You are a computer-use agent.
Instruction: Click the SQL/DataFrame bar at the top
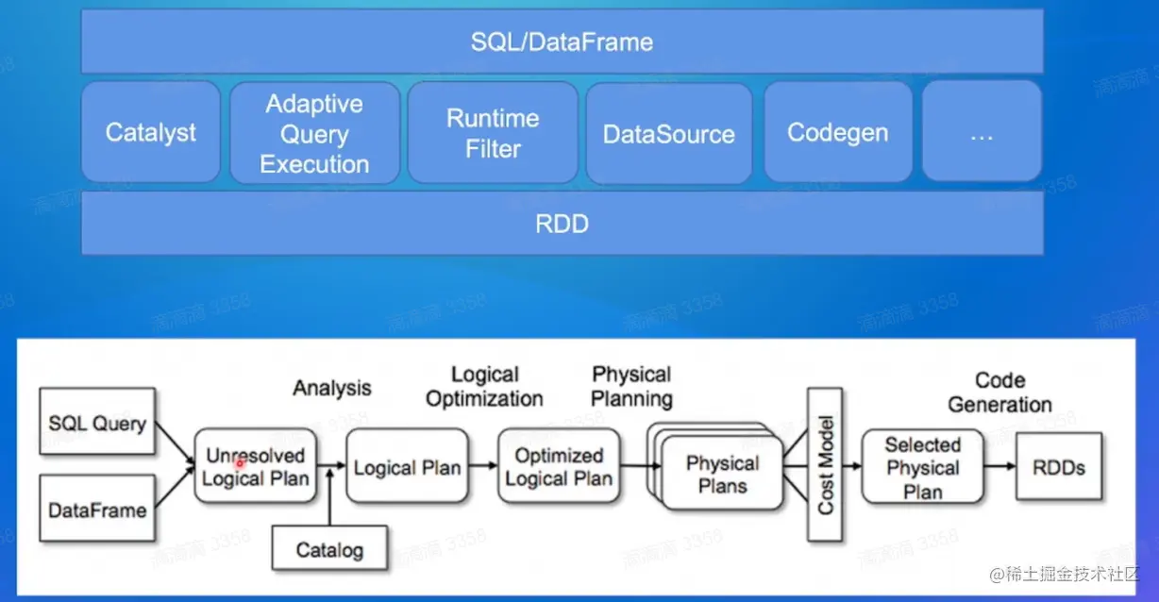(562, 42)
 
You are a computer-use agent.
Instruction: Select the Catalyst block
(151, 132)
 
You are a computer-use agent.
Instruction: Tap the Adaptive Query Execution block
(314, 133)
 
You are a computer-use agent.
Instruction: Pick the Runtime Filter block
(493, 133)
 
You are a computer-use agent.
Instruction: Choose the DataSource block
(668, 134)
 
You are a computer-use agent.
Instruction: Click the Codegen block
(837, 132)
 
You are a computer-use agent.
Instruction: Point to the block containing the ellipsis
(982, 132)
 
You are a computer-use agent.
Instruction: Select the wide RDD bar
(562, 224)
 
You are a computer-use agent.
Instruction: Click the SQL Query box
(97, 423)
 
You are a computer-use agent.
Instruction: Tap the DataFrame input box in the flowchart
(97, 510)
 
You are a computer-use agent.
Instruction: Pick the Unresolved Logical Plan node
(255, 466)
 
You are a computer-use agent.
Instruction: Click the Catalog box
(329, 549)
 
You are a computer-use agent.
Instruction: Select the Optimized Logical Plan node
(559, 466)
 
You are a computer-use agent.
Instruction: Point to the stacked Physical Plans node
(722, 474)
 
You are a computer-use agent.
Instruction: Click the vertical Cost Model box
(825, 464)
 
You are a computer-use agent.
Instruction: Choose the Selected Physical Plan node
(922, 467)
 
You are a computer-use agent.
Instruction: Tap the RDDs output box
(1058, 466)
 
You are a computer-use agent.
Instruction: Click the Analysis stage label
(331, 388)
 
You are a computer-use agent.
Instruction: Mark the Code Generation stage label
(999, 393)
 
